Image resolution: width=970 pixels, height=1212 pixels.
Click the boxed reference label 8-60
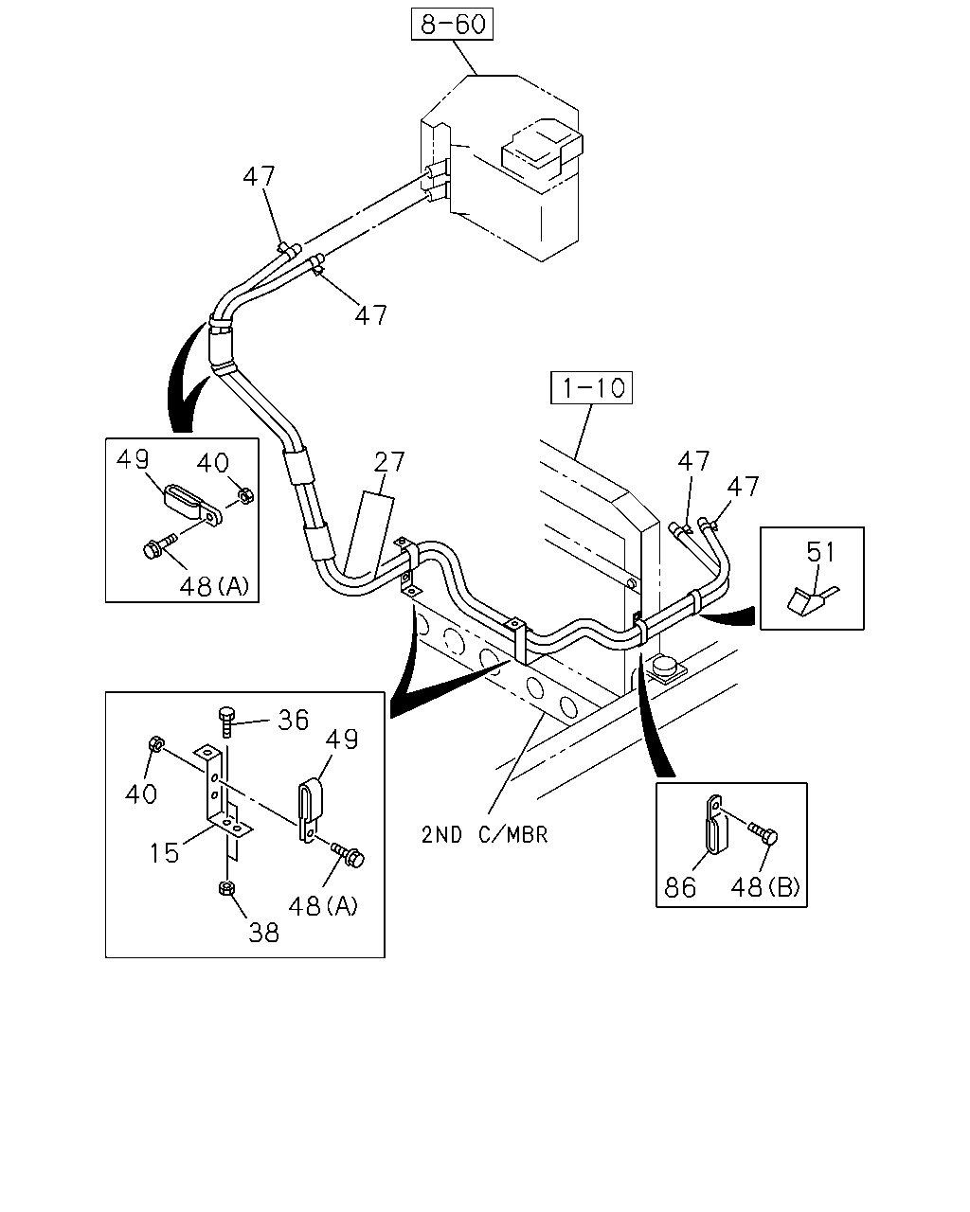(x=452, y=25)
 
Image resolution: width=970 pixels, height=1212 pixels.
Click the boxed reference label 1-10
(x=591, y=387)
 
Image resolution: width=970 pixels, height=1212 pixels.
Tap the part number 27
(x=389, y=462)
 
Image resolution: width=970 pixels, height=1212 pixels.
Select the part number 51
(x=820, y=552)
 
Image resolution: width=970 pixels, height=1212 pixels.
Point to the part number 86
(x=680, y=887)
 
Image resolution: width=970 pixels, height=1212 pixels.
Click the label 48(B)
(x=765, y=887)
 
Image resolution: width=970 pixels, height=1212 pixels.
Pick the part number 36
(x=293, y=720)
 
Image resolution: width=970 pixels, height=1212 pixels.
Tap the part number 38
(x=263, y=933)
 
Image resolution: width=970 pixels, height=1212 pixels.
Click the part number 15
(x=164, y=853)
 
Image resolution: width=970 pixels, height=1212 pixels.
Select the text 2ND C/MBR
(x=485, y=834)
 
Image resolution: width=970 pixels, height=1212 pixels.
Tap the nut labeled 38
(x=226, y=888)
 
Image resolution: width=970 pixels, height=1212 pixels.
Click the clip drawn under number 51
(x=811, y=600)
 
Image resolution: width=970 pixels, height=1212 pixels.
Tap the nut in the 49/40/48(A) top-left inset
(x=245, y=496)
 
